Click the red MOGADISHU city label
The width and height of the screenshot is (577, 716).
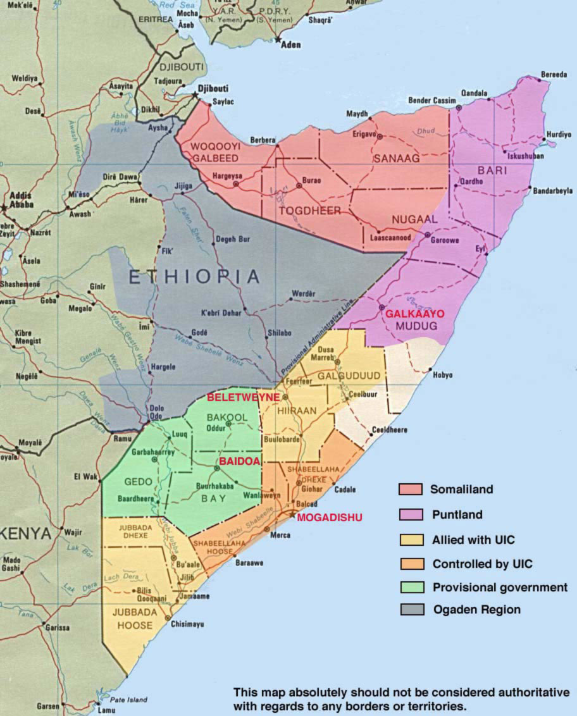coord(330,517)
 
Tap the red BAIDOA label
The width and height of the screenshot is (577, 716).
coord(240,462)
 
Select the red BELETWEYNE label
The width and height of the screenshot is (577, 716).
coord(244,397)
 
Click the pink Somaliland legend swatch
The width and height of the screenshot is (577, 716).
coord(410,490)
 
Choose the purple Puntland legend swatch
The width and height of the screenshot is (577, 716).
coord(410,515)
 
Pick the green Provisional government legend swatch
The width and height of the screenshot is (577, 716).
coord(410,588)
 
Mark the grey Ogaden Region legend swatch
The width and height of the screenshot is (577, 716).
coord(410,610)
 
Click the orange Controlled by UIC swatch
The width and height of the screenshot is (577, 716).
coord(410,564)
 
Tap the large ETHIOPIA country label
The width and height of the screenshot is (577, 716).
coord(194,276)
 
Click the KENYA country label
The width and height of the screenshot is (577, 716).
coord(25,533)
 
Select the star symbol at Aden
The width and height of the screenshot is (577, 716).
coord(278,39)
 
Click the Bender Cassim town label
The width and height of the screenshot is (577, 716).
coord(432,101)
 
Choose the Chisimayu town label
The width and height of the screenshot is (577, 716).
coord(187,624)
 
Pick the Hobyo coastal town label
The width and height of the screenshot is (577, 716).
coord(442,375)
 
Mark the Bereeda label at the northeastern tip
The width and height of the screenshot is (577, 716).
coord(554,75)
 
